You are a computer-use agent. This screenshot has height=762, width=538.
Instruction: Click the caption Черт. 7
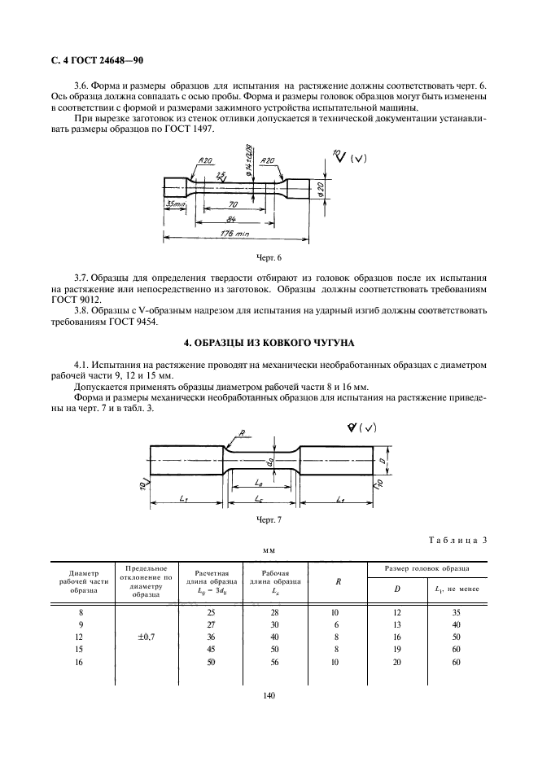pos(269,519)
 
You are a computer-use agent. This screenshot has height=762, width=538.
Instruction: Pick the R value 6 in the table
pos(336,624)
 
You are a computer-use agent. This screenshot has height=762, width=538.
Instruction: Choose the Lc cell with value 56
pos(274,663)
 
